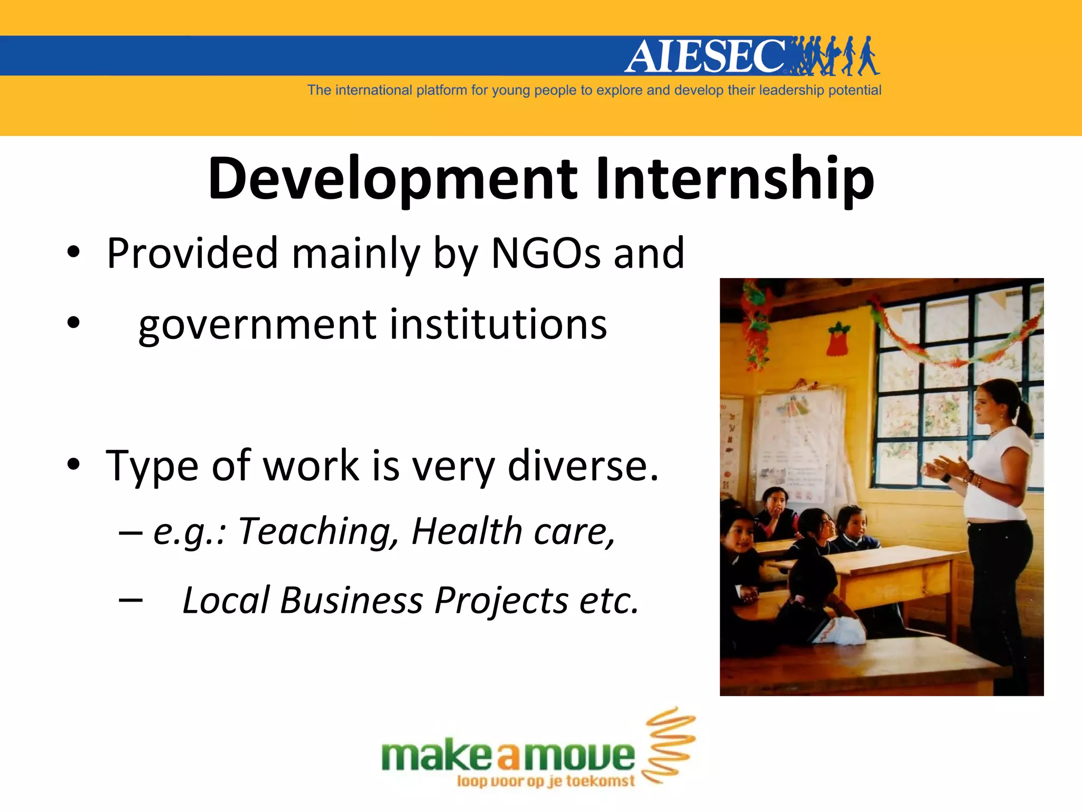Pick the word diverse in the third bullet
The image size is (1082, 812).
click(583, 466)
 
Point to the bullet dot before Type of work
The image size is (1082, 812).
click(73, 465)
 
